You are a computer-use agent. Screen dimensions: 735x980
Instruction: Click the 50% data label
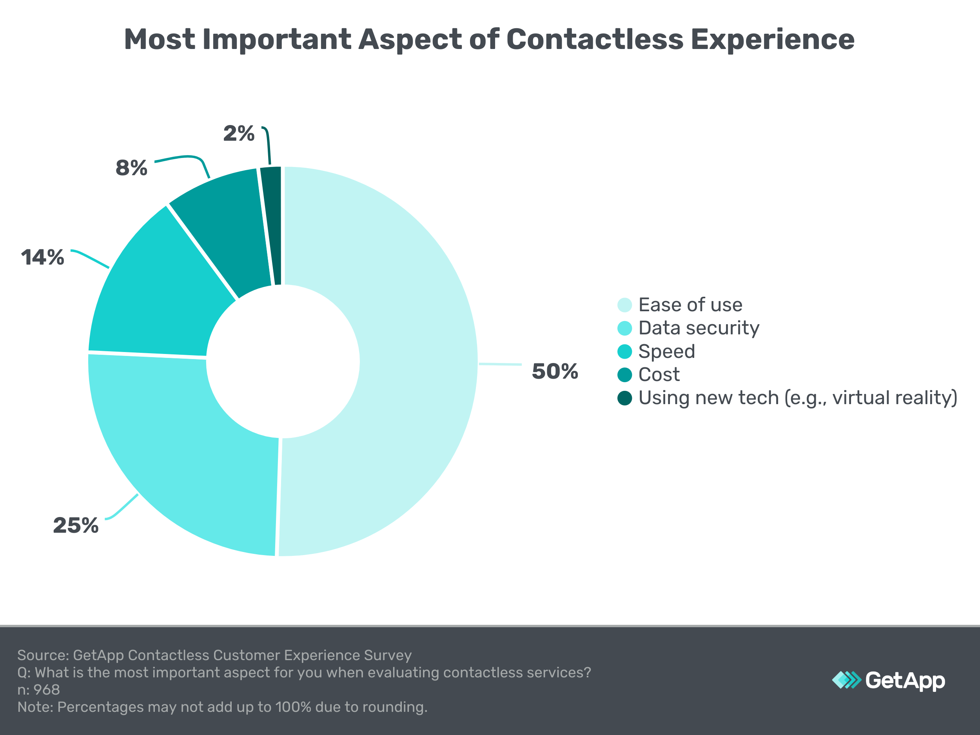pyautogui.click(x=555, y=371)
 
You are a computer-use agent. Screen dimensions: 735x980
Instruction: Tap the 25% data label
pyautogui.click(x=76, y=525)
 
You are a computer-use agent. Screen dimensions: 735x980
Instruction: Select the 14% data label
pyautogui.click(x=42, y=258)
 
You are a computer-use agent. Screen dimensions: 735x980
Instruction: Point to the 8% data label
pyautogui.click(x=132, y=168)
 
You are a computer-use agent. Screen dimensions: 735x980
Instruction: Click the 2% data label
pyautogui.click(x=239, y=133)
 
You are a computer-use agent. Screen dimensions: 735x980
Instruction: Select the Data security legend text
pyautogui.click(x=699, y=328)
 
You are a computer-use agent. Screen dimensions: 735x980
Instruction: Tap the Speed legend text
pyautogui.click(x=666, y=351)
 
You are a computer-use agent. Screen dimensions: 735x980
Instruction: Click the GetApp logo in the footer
pyautogui.click(x=888, y=680)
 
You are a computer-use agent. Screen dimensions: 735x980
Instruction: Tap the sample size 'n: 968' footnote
pyautogui.click(x=38, y=690)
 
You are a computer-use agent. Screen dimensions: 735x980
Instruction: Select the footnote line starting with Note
pyautogui.click(x=222, y=707)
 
